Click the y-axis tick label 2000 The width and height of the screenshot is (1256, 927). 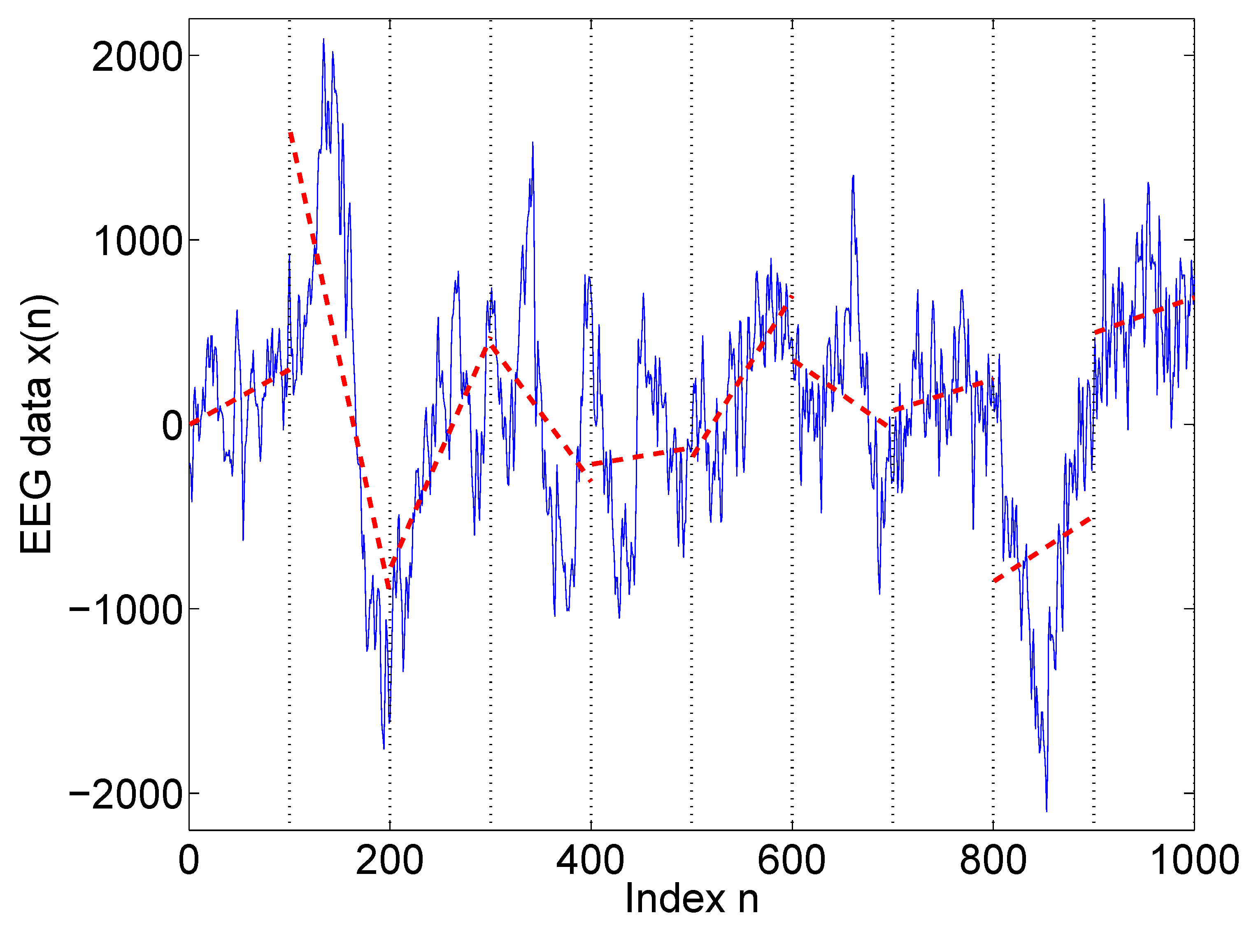[137, 57]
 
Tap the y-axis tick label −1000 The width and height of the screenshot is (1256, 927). [126, 610]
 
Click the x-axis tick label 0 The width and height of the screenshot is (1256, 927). [189, 860]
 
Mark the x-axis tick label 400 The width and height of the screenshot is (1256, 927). [591, 860]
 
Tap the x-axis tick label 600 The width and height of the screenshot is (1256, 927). [791, 860]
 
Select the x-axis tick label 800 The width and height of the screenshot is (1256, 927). [992, 860]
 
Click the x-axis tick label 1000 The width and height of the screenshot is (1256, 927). [1194, 860]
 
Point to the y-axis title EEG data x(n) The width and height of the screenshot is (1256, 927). [37, 424]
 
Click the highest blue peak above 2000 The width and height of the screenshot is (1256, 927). [324, 40]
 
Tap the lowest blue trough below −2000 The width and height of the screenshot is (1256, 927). [1046, 810]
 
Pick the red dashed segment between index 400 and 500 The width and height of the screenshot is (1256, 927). [640, 457]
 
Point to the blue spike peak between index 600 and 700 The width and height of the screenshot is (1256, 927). [853, 177]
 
